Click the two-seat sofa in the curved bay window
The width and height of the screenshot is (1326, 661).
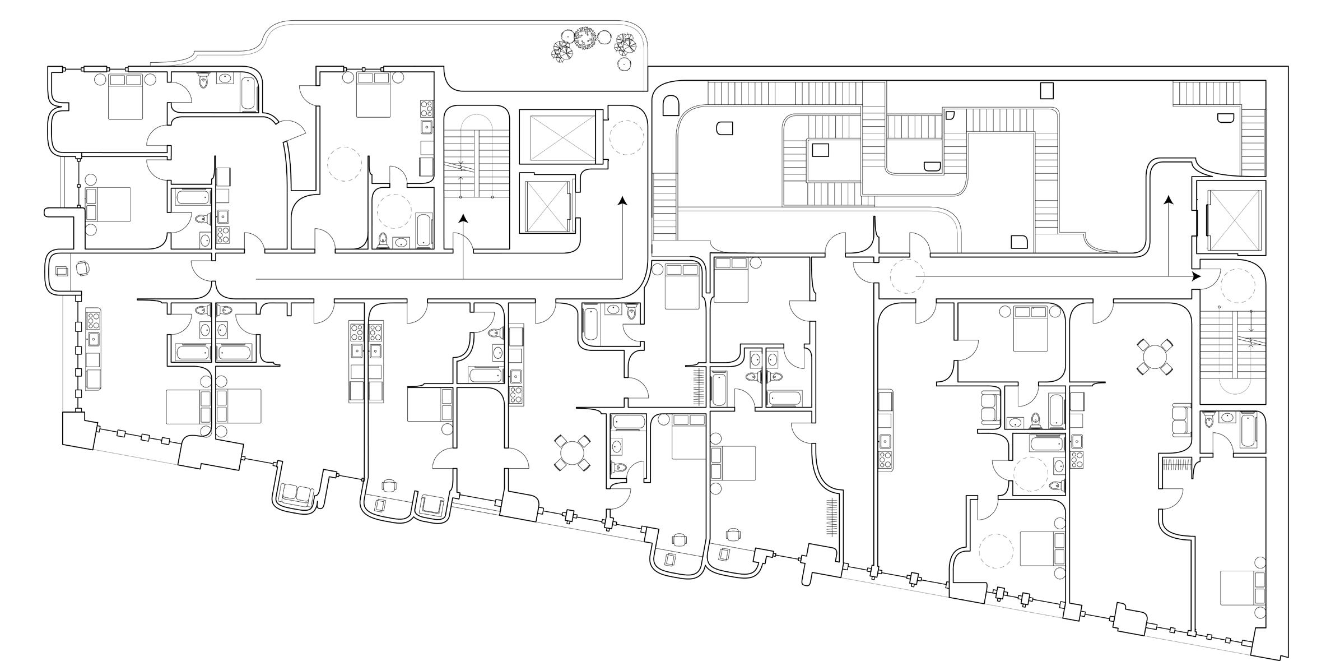pos(297,494)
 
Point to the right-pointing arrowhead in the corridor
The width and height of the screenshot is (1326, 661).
pos(1196,276)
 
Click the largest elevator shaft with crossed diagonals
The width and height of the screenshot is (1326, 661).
pos(557,137)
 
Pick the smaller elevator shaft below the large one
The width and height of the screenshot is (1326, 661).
pos(547,203)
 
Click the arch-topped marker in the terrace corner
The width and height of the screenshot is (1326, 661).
pos(670,104)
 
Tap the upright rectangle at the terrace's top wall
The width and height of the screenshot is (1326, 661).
pos(1046,90)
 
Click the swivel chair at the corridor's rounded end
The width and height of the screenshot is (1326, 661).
pos(82,269)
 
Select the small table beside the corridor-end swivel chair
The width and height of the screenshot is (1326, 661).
pos(62,271)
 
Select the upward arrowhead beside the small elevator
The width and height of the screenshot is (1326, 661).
pos(622,200)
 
